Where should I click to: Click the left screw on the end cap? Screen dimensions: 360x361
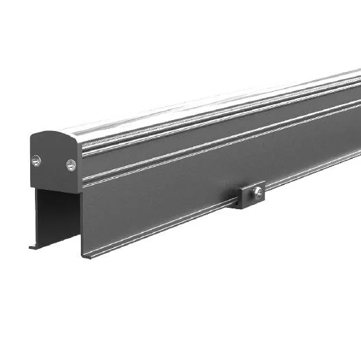(36, 160)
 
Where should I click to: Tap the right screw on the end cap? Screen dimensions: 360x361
(71, 165)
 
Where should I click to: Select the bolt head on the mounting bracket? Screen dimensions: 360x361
(257, 193)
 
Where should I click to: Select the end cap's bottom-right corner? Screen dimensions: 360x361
(79, 192)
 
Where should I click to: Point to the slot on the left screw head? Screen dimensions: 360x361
(36, 160)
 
